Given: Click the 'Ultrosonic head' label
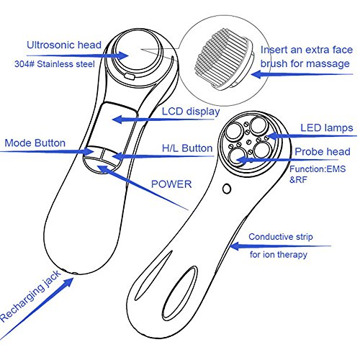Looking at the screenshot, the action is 64,45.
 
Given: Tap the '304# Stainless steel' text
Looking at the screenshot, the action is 55,64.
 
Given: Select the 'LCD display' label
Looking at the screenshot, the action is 191,112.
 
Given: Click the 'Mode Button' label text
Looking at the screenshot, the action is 35,143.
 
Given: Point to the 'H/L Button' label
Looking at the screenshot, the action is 187,148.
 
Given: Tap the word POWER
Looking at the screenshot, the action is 171,184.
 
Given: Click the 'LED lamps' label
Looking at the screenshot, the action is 327,128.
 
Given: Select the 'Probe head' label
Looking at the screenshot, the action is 323,152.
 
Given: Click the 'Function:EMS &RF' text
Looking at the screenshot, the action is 318,174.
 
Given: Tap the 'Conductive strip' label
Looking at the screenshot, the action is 281,237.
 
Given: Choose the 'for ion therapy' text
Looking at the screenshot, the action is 279,254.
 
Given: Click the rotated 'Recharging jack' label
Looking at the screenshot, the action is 30,296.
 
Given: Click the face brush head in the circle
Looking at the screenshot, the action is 225,60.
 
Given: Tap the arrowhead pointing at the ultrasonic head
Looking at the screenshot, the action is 122,55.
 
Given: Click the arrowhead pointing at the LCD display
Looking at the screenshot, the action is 118,120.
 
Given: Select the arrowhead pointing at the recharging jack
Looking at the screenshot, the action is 68,283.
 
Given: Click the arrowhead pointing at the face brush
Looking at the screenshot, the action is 257,74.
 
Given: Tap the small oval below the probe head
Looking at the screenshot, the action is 227,189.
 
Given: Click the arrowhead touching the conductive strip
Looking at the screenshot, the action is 235,246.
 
